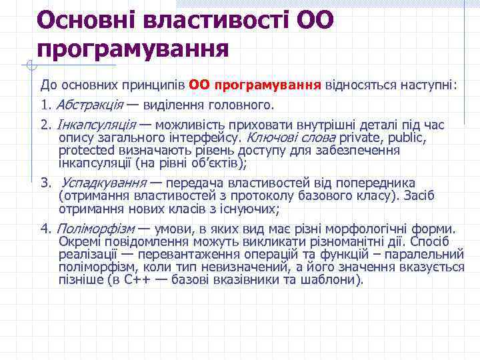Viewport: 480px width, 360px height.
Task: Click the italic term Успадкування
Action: tap(103, 183)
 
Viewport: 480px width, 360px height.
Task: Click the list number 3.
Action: tap(45, 183)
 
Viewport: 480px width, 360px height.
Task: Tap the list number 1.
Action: tap(45, 105)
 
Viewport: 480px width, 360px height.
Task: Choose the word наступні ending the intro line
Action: tap(426, 86)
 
